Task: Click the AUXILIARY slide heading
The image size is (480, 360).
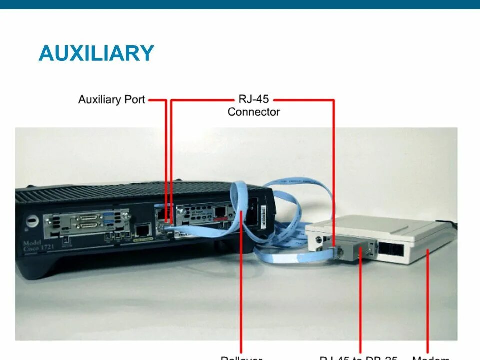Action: click(x=96, y=53)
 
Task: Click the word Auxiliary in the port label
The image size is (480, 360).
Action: click(x=99, y=99)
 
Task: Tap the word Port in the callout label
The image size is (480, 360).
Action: click(x=133, y=99)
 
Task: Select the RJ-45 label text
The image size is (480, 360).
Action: click(x=253, y=99)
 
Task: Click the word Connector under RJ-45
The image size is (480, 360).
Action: click(x=253, y=112)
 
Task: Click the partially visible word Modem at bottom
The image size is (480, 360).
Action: click(x=431, y=357)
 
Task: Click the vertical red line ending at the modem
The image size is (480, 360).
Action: click(x=428, y=305)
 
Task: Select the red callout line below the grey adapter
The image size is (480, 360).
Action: click(x=361, y=310)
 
